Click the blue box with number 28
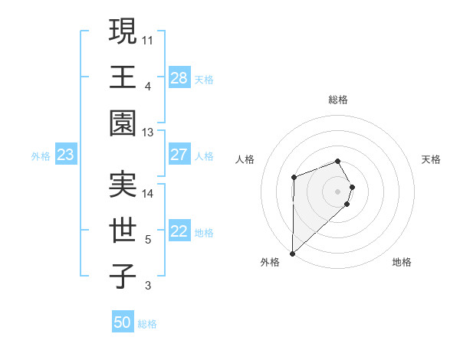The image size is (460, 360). click(x=179, y=78)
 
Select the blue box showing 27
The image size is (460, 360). click(x=179, y=155)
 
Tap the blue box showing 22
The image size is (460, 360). click(x=179, y=232)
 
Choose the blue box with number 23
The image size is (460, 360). click(x=66, y=155)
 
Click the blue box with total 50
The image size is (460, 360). click(x=123, y=322)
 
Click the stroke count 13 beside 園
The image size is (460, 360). click(x=148, y=132)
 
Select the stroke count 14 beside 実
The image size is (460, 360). click(x=148, y=193)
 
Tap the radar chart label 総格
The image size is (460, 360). click(x=337, y=100)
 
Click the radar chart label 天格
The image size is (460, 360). click(x=431, y=159)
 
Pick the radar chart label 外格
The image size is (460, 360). click(x=269, y=262)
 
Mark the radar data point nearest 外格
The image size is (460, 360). click(x=292, y=253)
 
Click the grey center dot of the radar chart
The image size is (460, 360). click(x=337, y=191)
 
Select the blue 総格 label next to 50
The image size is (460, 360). click(x=147, y=323)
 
